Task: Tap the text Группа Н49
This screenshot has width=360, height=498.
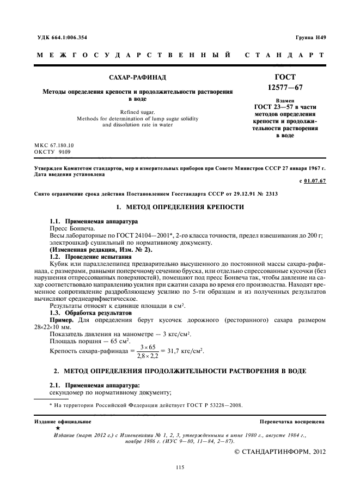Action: click(x=310, y=38)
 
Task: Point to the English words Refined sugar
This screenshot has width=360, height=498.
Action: click(x=130, y=112)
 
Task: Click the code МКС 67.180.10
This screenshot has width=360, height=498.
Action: click(x=54, y=145)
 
